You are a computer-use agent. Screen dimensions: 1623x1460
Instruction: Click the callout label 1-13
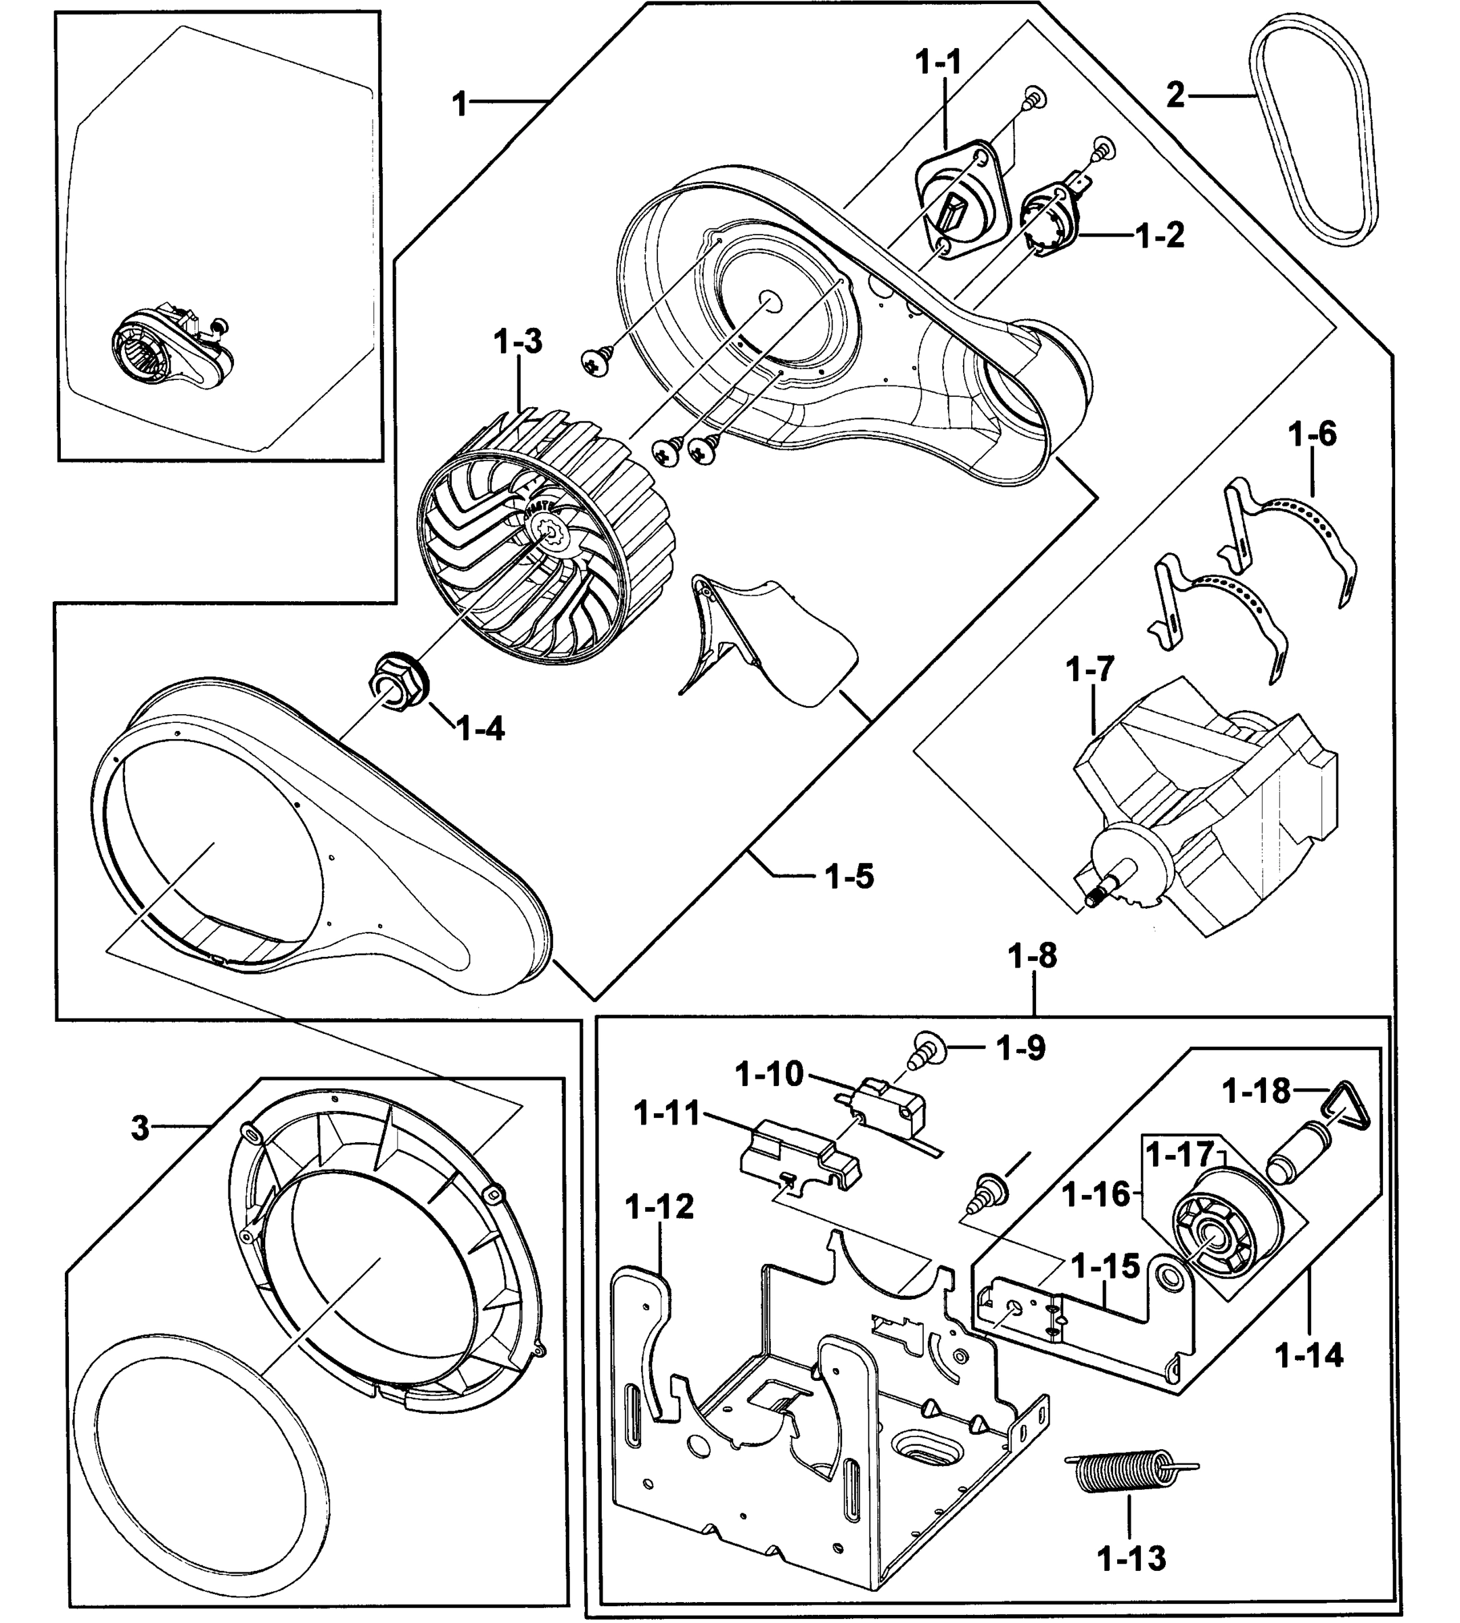coord(1131,1559)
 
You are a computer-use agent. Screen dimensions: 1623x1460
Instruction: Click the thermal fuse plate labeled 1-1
coord(960,197)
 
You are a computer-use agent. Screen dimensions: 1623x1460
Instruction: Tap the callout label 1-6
coord(1313,435)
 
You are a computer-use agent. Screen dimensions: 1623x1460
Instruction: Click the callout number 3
coord(141,1128)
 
